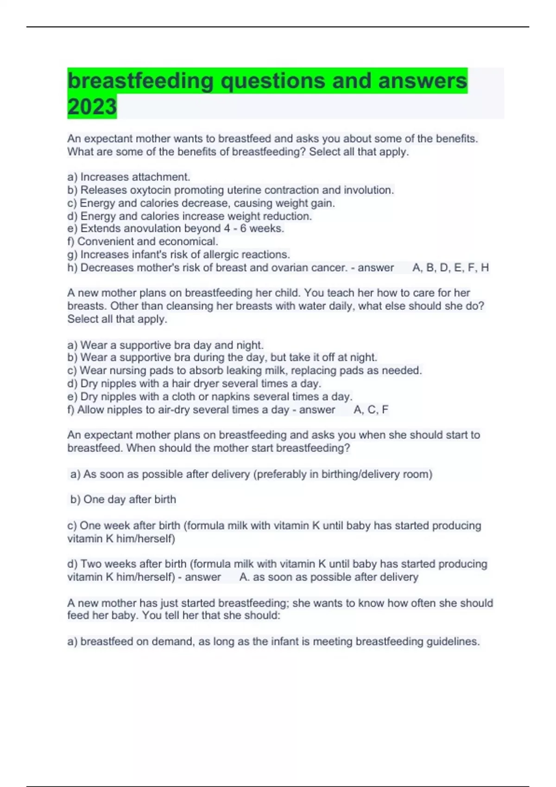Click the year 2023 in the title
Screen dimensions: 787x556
pyautogui.click(x=92, y=106)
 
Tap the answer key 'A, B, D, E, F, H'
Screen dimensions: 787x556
pyautogui.click(x=450, y=268)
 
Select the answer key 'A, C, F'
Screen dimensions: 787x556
pyautogui.click(x=371, y=410)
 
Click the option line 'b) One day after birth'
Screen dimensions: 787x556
pyautogui.click(x=123, y=499)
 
